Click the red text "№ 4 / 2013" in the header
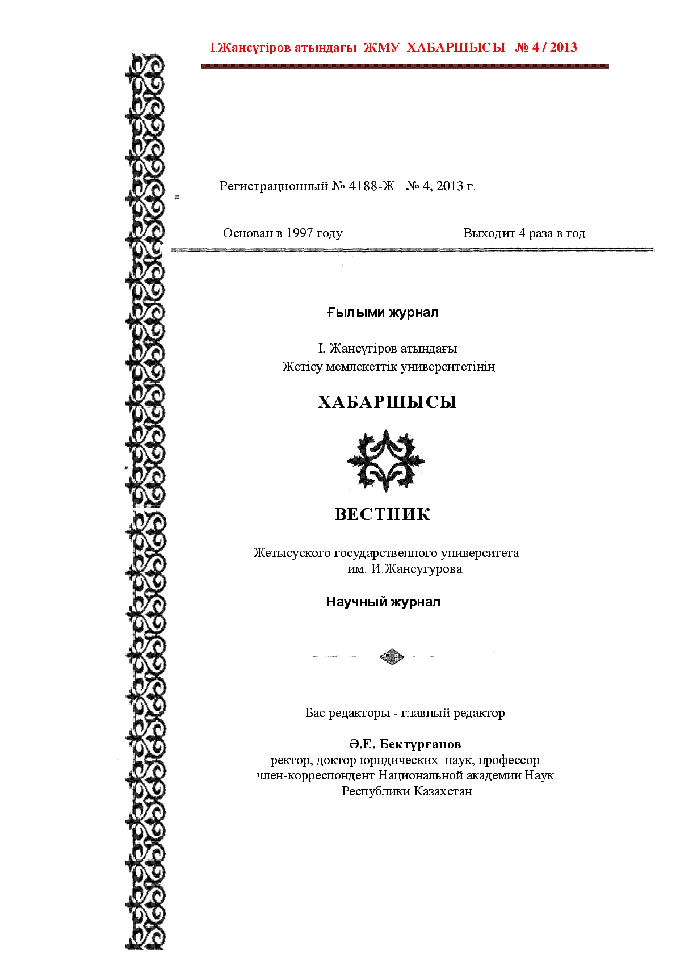tap(545, 48)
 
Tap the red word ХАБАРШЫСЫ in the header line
tap(456, 48)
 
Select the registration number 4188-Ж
tap(371, 186)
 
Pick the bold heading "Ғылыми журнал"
tap(383, 313)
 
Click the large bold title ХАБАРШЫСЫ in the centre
tap(387, 402)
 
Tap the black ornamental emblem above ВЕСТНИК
tap(386, 460)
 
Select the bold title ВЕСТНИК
tap(383, 514)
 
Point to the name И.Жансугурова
tap(417, 569)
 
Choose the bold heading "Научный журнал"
tap(383, 602)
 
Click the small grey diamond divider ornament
tap(392, 657)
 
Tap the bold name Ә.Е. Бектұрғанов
tap(405, 744)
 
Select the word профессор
tap(509, 760)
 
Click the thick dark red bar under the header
tap(405, 66)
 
